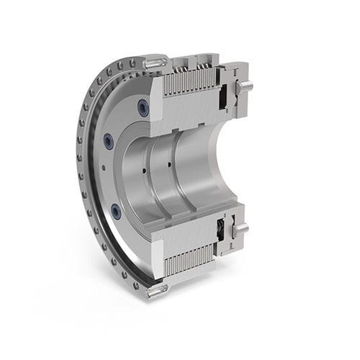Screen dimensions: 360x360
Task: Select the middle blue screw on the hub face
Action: [x=109, y=140]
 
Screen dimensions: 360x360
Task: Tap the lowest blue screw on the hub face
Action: [x=116, y=211]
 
